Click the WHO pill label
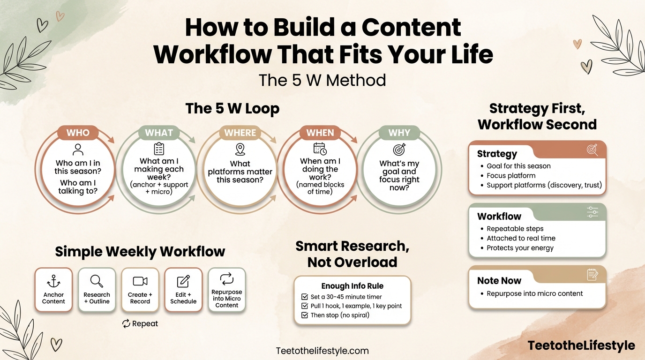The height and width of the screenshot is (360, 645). click(x=78, y=133)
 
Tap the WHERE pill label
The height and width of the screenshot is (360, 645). click(x=240, y=133)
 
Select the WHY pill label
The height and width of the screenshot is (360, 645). click(x=399, y=133)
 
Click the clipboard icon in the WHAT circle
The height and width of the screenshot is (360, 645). click(x=159, y=149)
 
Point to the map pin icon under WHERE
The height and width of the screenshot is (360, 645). click(x=240, y=150)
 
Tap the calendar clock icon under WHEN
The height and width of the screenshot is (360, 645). click(x=320, y=149)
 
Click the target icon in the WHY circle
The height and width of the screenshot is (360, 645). click(x=399, y=150)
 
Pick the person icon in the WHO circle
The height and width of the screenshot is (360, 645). click(x=78, y=150)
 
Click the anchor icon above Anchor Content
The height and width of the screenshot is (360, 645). click(x=53, y=281)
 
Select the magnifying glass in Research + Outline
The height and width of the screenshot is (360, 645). click(x=97, y=281)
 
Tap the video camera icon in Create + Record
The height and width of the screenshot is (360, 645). click(x=140, y=281)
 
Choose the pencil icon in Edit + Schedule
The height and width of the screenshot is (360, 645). click(x=183, y=281)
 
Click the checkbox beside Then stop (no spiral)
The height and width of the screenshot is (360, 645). click(x=304, y=315)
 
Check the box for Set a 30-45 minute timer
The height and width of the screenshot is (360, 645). click(x=304, y=297)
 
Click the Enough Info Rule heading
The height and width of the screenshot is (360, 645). click(x=352, y=286)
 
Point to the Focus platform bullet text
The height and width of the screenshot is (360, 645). click(x=511, y=175)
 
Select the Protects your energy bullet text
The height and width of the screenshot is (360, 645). click(x=520, y=247)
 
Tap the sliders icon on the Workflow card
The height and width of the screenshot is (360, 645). click(x=592, y=212)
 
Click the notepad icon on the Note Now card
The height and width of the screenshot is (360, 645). click(x=592, y=275)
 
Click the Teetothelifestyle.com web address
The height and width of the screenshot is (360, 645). click(x=322, y=351)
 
